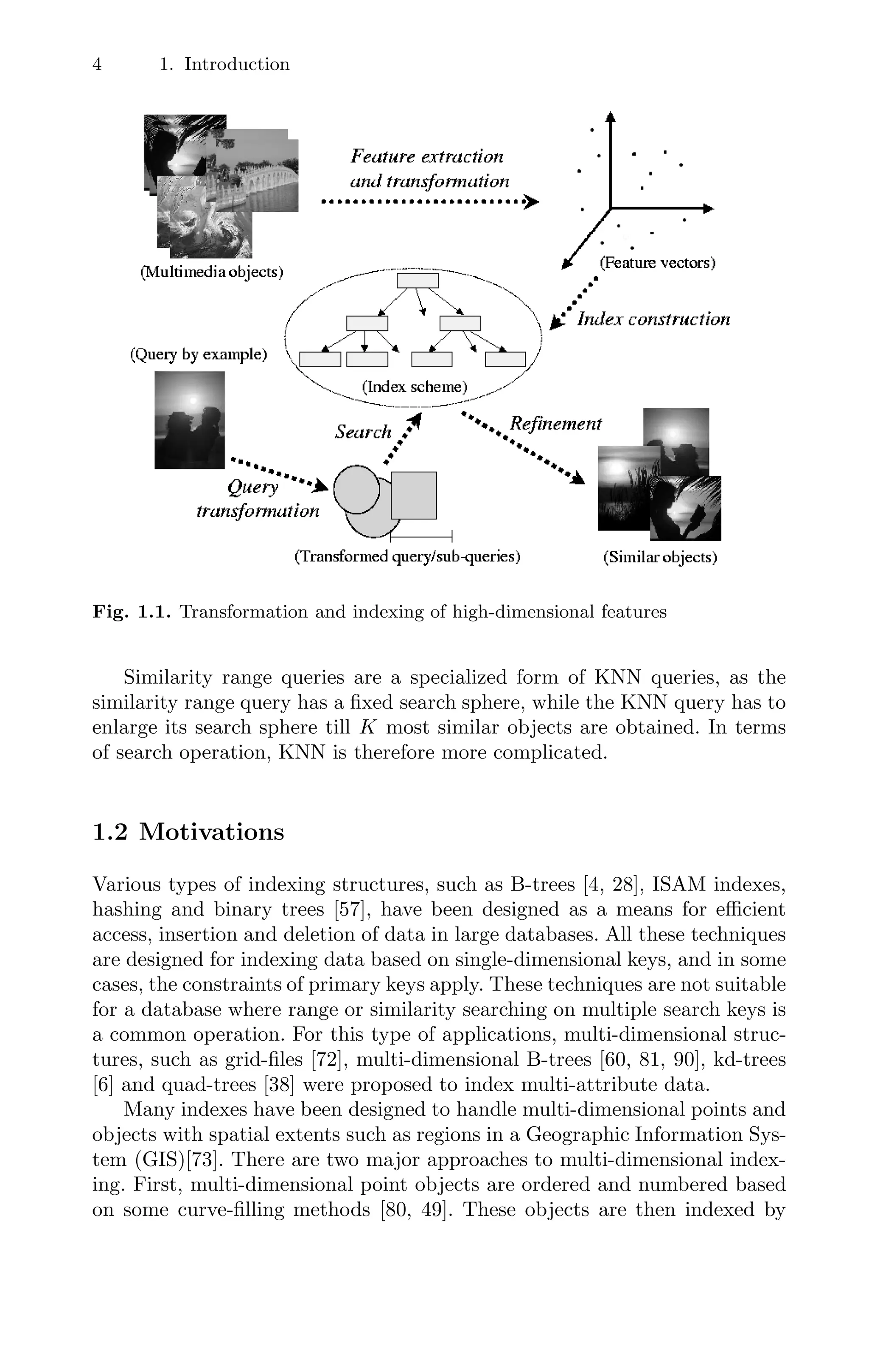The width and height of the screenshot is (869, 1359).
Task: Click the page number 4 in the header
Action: (x=97, y=65)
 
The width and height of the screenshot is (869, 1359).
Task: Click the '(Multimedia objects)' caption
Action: (x=212, y=272)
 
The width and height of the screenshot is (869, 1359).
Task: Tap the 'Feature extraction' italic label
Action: (x=426, y=156)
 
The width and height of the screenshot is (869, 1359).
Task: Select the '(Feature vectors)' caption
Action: (x=657, y=262)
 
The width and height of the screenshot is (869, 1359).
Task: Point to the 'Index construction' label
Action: (x=653, y=320)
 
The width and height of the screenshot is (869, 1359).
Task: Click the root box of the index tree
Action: (x=418, y=281)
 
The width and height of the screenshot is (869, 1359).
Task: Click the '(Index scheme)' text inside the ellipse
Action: (x=415, y=387)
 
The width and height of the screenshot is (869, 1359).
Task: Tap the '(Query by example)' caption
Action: (x=198, y=354)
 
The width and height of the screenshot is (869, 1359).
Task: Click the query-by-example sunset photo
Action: (x=190, y=420)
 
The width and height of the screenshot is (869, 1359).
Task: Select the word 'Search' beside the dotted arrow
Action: (x=363, y=432)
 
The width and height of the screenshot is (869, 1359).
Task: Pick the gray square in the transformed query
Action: (x=414, y=495)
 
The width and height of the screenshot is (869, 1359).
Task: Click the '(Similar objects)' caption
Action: (x=660, y=558)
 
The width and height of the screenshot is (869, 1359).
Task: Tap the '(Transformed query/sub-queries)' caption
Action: (x=407, y=556)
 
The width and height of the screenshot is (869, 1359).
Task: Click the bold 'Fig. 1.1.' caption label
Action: (x=132, y=612)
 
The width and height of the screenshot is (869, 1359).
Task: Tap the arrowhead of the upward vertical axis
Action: (x=610, y=116)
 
